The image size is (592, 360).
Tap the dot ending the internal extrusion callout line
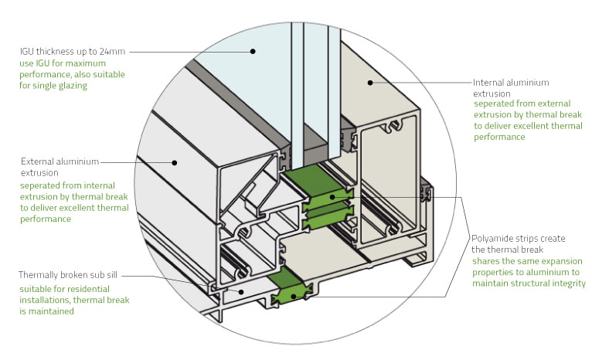coord(369,80)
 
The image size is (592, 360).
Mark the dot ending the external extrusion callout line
coord(176,161)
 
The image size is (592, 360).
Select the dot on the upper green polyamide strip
coord(333,198)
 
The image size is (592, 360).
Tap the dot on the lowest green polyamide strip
coord(296,294)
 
